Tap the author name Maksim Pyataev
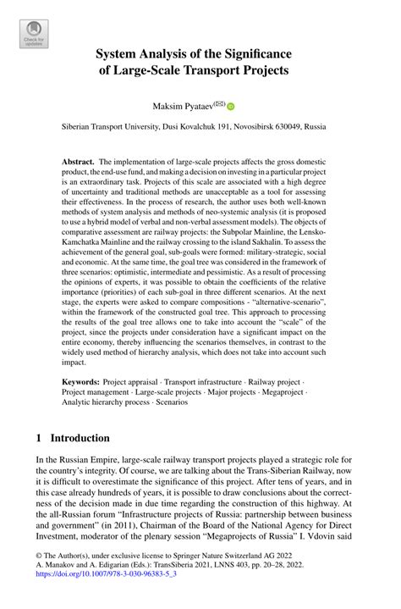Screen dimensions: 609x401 pos(184,106)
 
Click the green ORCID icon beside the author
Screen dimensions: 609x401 pos(230,107)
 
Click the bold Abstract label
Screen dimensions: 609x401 pos(79,162)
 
